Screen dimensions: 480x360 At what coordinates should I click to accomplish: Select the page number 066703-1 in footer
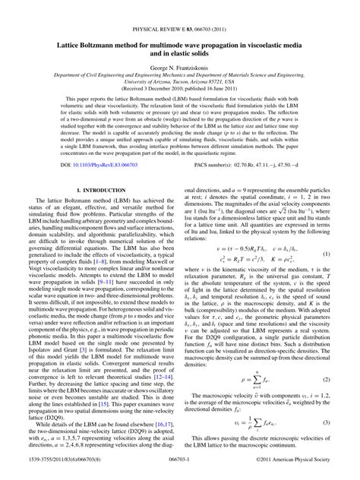180,472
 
